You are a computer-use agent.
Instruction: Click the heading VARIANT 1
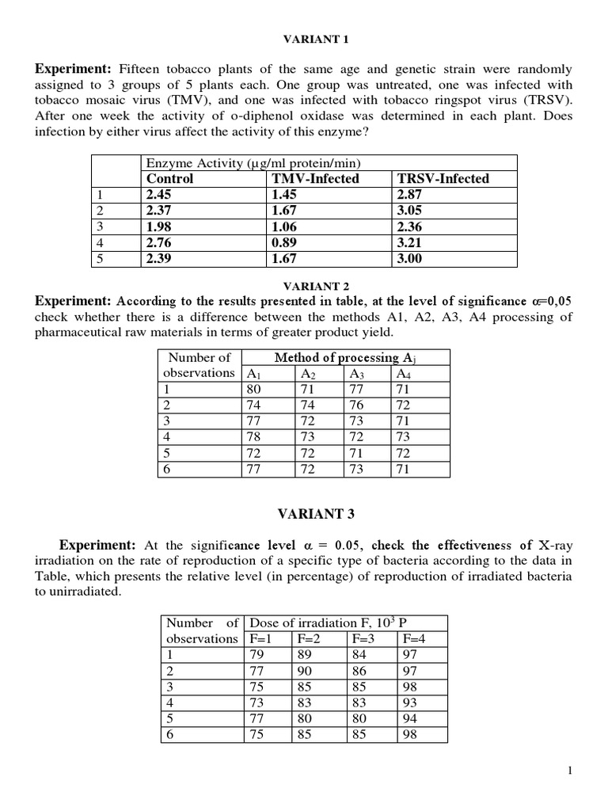(304, 39)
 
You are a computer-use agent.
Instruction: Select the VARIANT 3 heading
(304, 514)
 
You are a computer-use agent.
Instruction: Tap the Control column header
(169, 179)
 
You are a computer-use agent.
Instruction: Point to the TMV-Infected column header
(314, 179)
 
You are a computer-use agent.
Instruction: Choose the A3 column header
(356, 374)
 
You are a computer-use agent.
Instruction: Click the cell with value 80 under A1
(254, 389)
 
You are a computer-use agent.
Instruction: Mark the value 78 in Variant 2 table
(254, 437)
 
